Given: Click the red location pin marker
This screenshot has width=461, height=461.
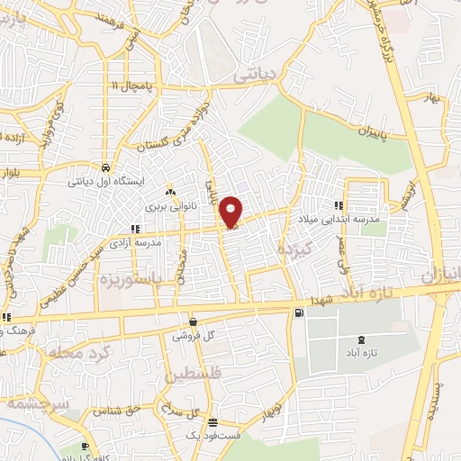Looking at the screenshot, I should (231, 212).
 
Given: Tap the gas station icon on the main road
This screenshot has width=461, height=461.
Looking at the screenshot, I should (298, 312).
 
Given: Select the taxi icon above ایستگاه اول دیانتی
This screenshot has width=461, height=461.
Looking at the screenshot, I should (106, 168).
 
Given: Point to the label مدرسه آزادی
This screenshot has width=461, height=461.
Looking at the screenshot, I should (136, 243).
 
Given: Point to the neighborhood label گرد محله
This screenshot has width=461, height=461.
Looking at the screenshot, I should (81, 349).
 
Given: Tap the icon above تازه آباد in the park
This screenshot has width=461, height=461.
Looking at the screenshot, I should (361, 339).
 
